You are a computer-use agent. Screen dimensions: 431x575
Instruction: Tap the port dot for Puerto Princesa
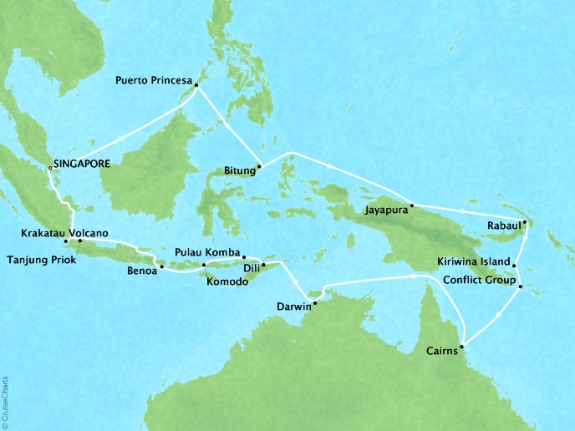click(x=195, y=84)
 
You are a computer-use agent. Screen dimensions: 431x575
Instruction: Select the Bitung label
click(x=240, y=171)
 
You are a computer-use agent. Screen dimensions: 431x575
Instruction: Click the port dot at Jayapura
click(x=412, y=205)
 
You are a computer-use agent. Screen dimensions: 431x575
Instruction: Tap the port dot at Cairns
click(x=462, y=344)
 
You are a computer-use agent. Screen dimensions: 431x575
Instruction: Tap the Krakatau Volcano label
click(x=69, y=233)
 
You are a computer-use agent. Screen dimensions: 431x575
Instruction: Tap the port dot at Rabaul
click(x=524, y=223)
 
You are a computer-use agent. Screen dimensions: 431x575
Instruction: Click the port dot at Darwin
click(x=315, y=292)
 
